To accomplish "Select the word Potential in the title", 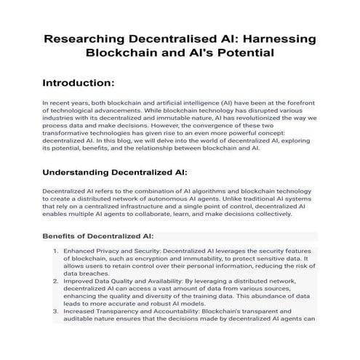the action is [233, 54].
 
